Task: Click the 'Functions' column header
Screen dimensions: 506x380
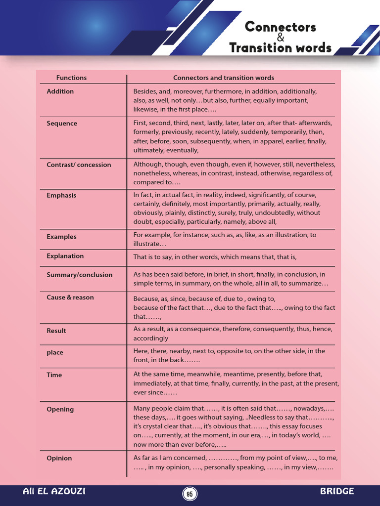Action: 71,78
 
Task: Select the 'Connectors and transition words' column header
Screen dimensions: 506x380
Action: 223,78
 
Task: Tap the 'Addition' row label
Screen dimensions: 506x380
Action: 60,91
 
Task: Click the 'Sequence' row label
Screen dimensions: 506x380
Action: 62,124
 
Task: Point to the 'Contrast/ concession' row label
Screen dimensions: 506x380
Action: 79,165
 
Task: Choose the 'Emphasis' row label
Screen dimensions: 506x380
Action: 61,196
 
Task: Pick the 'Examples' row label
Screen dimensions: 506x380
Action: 61,237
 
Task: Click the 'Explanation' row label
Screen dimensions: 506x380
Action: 65,256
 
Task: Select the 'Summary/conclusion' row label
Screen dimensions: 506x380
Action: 79,275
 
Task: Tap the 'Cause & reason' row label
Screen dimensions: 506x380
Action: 70,297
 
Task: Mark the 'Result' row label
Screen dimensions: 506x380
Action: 56,331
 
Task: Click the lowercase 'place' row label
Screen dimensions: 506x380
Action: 55,353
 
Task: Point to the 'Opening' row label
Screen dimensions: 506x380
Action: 60,410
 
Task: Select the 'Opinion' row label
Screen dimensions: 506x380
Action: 59,459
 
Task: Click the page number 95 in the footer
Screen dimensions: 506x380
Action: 190,494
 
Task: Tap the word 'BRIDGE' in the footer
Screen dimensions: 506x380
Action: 337,491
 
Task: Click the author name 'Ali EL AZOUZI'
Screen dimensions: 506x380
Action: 54,491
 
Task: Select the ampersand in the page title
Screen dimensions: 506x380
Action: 281,38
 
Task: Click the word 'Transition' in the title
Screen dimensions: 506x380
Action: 260,48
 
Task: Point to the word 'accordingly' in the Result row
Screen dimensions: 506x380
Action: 150,338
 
